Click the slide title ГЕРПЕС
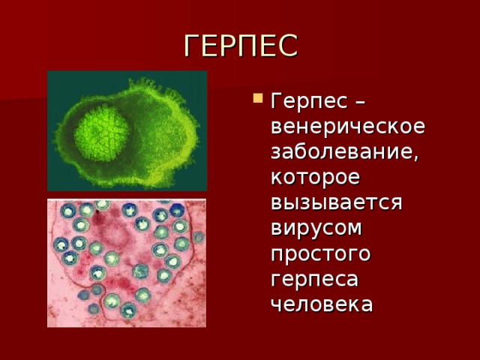click(x=241, y=45)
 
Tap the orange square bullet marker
click(x=258, y=98)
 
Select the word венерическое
click(x=348, y=126)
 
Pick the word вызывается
click(x=337, y=202)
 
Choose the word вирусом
click(x=316, y=228)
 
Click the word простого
click(x=321, y=253)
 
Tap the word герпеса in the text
click(x=314, y=279)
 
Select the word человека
click(x=322, y=304)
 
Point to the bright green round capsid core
click(x=102, y=133)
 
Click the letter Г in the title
click(x=192, y=45)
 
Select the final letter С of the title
click(x=287, y=45)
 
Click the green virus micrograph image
click(x=127, y=131)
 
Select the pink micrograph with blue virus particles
click(x=127, y=263)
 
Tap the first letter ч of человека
click(x=277, y=304)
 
